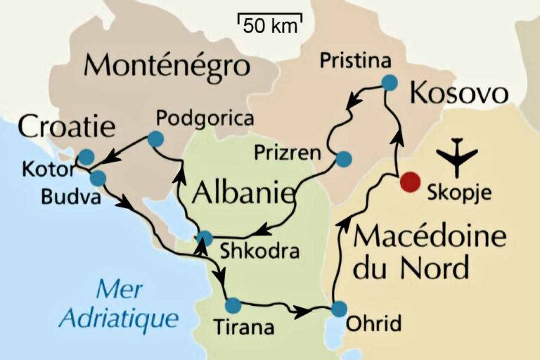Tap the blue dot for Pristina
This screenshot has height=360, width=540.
click(390, 83)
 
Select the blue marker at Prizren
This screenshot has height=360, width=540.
click(343, 159)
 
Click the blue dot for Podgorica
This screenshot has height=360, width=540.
click(155, 139)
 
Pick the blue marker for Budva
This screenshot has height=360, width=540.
click(98, 178)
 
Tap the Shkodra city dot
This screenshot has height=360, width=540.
click(205, 238)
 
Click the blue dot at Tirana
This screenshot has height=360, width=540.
click(232, 305)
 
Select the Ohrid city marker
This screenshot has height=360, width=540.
click(339, 309)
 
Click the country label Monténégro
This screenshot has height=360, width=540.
click(167, 66)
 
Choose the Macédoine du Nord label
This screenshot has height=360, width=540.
click(429, 251)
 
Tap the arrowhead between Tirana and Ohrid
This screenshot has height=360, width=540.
click(303, 311)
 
